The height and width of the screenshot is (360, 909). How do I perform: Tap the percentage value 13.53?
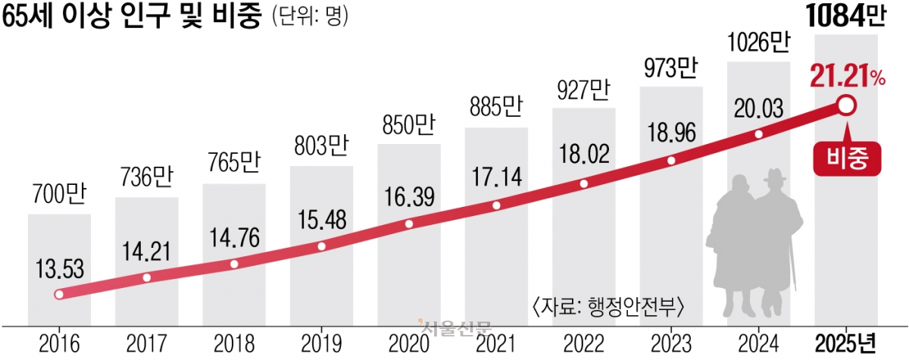(58, 269)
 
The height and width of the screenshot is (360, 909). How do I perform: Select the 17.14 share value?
(496, 181)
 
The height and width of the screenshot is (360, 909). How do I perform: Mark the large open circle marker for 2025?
(846, 106)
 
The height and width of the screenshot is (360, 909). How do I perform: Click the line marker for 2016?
(59, 295)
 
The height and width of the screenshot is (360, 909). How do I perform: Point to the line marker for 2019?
(321, 246)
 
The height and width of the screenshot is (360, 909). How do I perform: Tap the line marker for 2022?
(583, 183)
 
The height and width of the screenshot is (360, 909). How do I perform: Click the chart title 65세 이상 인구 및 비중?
(128, 17)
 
